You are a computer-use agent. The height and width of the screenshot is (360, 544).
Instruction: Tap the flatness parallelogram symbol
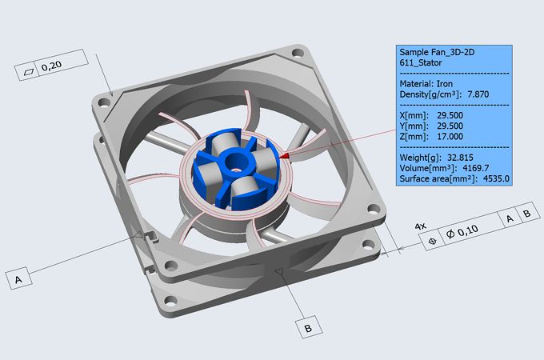pyautogui.click(x=30, y=70)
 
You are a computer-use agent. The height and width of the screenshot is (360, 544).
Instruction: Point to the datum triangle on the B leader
pyautogui.click(x=280, y=274)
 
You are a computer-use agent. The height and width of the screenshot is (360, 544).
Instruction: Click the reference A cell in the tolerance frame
pyautogui.click(x=508, y=216)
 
